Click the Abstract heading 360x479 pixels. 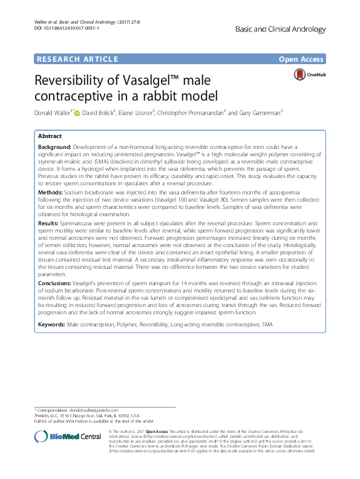point(50,136)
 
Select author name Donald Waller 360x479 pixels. point(56,112)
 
